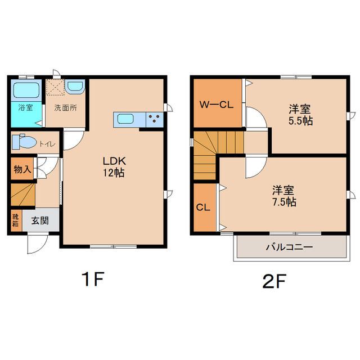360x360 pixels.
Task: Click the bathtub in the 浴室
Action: [26, 90]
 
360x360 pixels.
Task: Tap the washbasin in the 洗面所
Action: [75, 86]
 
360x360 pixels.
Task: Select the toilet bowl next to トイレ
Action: [24, 142]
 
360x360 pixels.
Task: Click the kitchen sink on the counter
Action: [125, 119]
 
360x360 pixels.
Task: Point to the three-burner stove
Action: [155, 119]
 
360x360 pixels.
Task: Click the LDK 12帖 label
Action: [114, 166]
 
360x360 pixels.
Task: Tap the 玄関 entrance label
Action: [40, 220]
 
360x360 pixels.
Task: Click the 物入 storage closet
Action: [22, 169]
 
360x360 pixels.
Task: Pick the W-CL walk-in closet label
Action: [216, 105]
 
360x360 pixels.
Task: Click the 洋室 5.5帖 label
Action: [300, 115]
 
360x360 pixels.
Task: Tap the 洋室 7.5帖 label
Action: [283, 196]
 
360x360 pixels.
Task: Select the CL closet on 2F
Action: [205, 208]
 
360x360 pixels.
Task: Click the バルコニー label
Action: [290, 247]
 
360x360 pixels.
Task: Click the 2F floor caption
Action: [274, 281]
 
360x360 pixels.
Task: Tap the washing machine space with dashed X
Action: [55, 87]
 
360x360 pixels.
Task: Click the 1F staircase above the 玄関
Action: [23, 195]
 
